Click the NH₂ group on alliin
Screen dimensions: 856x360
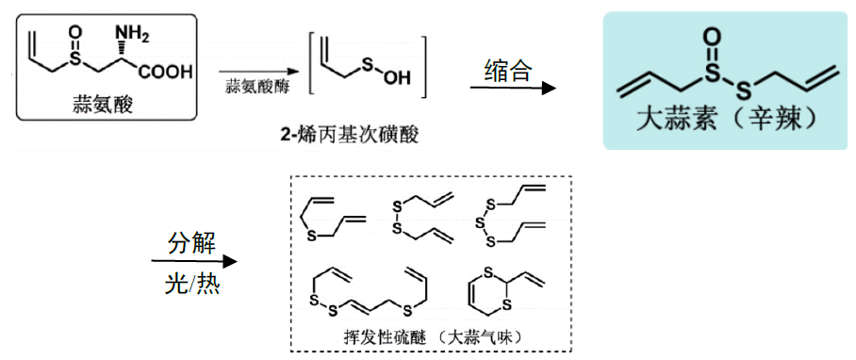coord(132,35)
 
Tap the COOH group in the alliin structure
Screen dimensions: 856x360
coord(166,72)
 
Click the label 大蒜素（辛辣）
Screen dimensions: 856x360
coord(725,122)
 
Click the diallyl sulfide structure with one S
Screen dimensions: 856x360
coord(331,217)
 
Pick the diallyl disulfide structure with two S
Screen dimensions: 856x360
coord(415,217)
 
